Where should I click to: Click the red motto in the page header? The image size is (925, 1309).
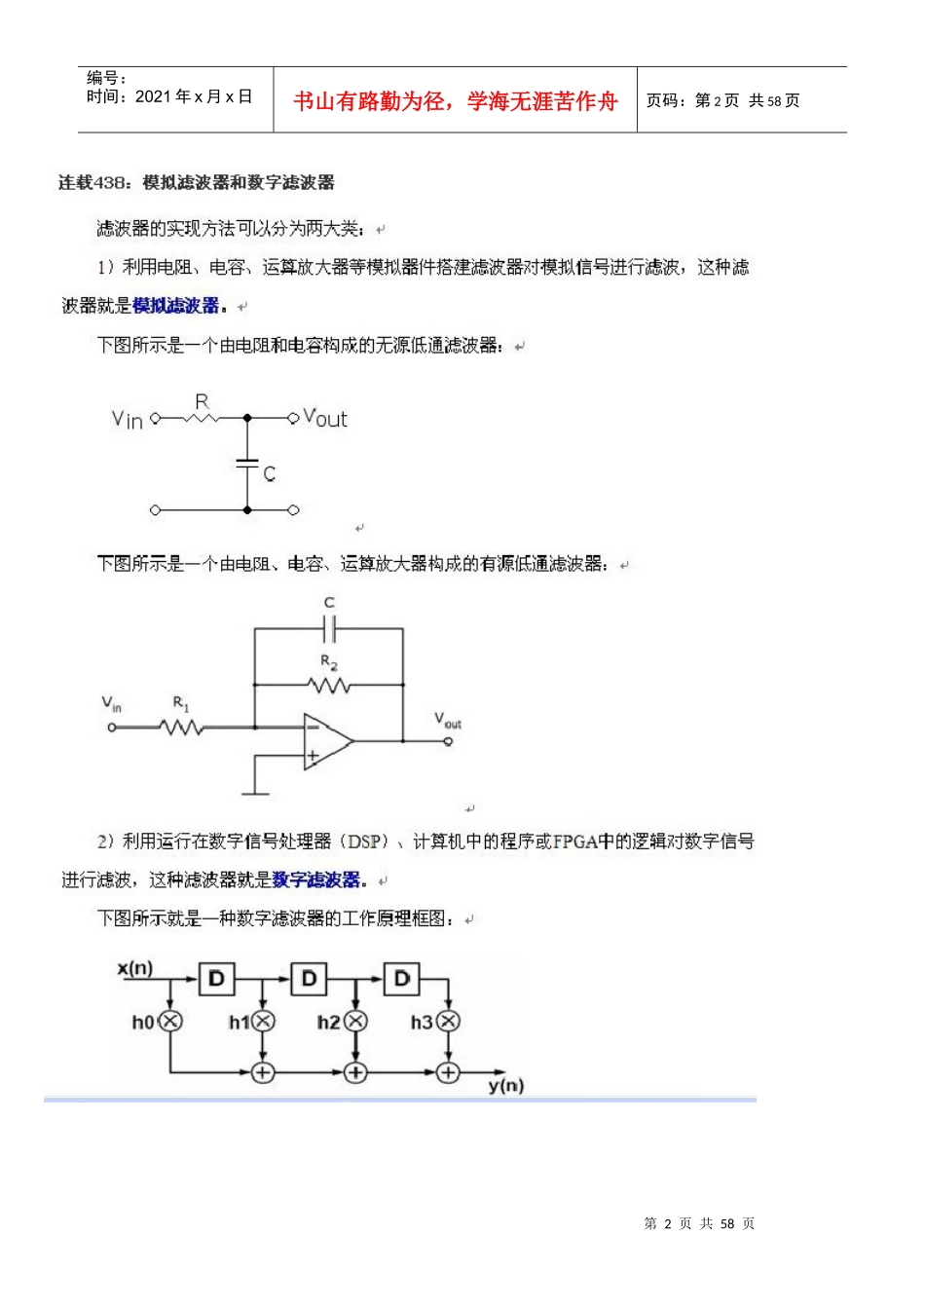[x=455, y=101]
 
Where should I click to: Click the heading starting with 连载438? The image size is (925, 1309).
[x=197, y=182]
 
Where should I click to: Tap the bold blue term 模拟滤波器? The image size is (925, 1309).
[x=176, y=306]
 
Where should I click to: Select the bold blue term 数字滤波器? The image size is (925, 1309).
[x=316, y=879]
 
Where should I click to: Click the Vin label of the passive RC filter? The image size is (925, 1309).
[x=128, y=420]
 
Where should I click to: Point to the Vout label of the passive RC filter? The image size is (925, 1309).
[x=325, y=419]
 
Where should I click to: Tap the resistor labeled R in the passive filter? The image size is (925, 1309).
[x=201, y=418]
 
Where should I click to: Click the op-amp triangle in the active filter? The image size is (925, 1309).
[x=326, y=741]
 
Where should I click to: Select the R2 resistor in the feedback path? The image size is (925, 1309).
[x=329, y=685]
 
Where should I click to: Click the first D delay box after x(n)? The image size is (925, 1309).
[x=216, y=979]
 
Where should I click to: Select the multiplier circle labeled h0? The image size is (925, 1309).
[x=170, y=1021]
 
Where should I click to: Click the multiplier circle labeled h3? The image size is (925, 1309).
[x=448, y=1021]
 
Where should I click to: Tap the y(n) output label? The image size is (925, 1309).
[x=506, y=1085]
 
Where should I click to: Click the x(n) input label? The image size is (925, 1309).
[x=135, y=968]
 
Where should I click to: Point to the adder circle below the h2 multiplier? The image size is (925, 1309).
[x=355, y=1072]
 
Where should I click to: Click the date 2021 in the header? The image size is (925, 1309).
[x=154, y=96]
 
